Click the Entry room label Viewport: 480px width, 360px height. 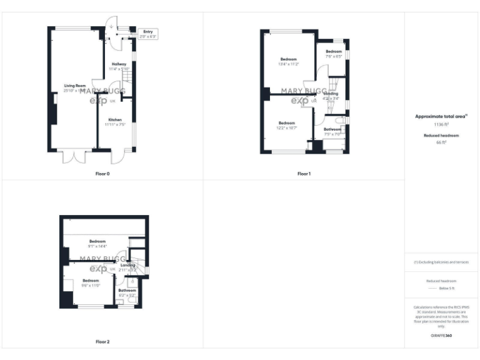pos(148,31)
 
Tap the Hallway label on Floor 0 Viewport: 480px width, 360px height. pos(119,64)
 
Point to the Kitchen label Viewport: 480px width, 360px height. pos(114,119)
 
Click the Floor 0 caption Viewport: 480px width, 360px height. pos(102,173)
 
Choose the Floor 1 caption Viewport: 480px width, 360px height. pos(304,173)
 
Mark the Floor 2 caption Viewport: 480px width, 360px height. pos(102,342)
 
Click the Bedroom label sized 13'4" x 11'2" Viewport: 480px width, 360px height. pos(288,59)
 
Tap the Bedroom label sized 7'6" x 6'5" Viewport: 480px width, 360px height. pos(334,51)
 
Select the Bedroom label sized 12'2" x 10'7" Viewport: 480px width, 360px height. pos(286,123)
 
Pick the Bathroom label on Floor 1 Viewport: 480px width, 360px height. pos(332,129)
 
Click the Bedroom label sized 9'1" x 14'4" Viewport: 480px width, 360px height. pos(97,241)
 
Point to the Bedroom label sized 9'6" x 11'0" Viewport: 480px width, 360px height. pos(91,281)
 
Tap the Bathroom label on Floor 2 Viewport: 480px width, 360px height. pos(127,290)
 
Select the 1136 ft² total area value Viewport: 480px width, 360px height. pos(441,124)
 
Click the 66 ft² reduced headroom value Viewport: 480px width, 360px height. pos(441,142)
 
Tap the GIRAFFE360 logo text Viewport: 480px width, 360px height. pos(441,336)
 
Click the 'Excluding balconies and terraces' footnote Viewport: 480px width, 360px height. pos(441,262)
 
